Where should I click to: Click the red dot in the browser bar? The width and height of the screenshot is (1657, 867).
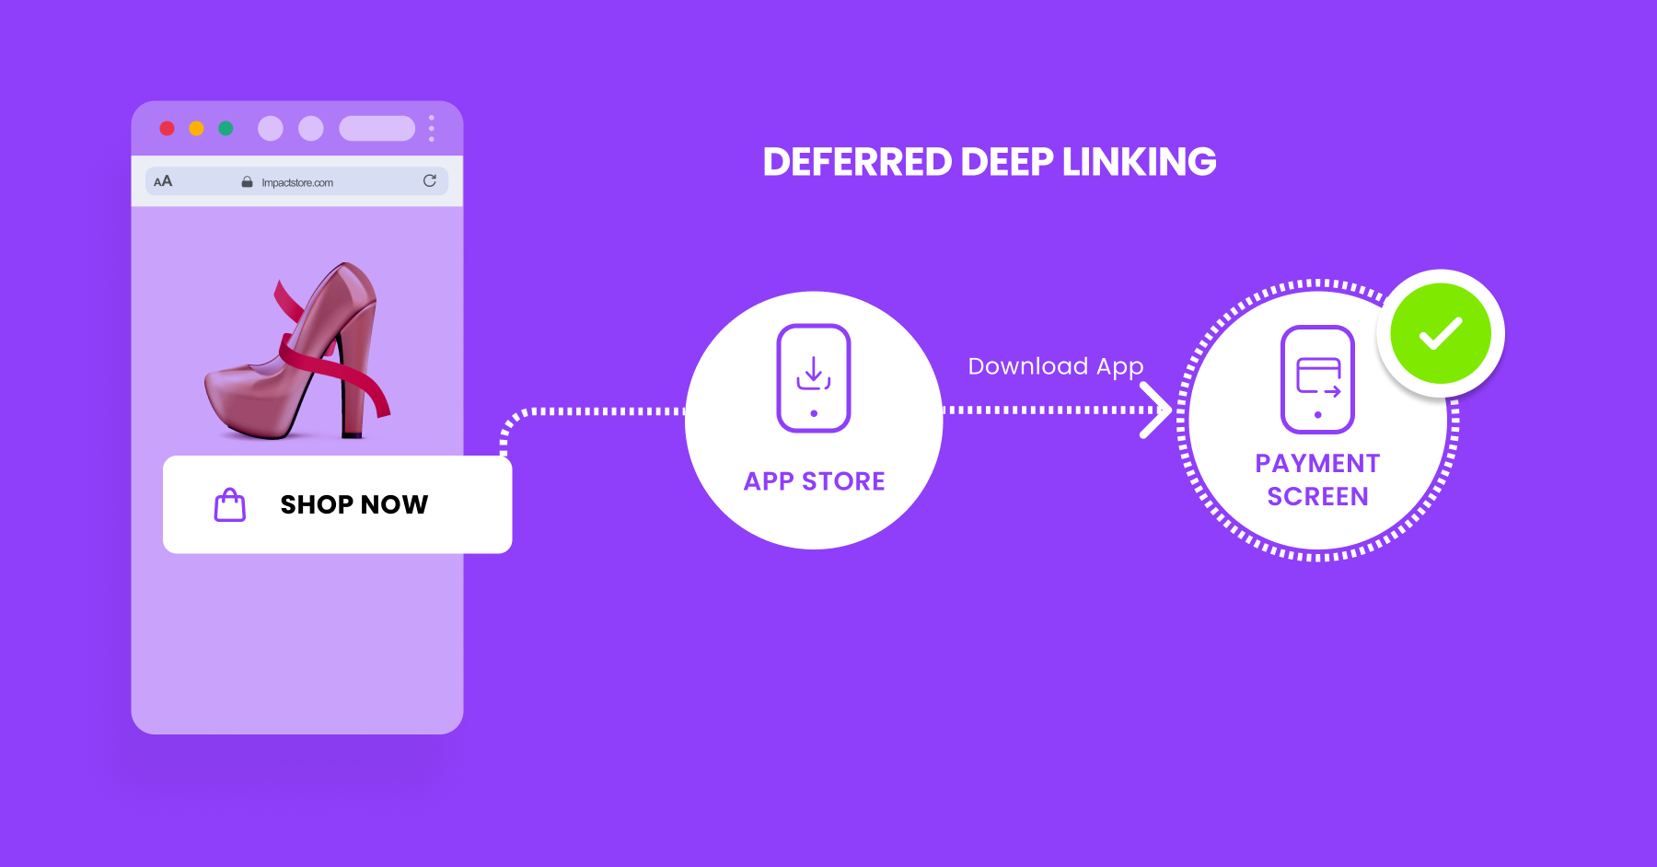pyautogui.click(x=167, y=128)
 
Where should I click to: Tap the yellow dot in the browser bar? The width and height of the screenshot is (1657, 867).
pyautogui.click(x=196, y=128)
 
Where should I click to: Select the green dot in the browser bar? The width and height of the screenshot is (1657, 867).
pyautogui.click(x=226, y=128)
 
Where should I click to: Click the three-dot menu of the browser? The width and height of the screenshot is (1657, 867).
pyautogui.click(x=431, y=128)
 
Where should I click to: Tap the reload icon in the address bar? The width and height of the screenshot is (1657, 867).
pyautogui.click(x=429, y=180)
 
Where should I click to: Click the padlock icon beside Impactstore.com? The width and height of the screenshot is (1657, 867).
pyautogui.click(x=247, y=182)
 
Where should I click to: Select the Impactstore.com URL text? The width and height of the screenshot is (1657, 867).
pyautogui.click(x=297, y=182)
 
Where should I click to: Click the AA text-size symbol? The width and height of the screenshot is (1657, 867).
pyautogui.click(x=163, y=181)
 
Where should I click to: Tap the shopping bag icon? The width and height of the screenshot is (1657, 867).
pyautogui.click(x=230, y=504)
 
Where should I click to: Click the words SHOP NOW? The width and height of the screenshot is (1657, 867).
pyautogui.click(x=354, y=504)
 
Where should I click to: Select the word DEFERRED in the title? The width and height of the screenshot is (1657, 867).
pyautogui.click(x=857, y=162)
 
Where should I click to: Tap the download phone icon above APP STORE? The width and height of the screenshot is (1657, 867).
pyautogui.click(x=814, y=377)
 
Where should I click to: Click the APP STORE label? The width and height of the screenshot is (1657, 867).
pyautogui.click(x=815, y=481)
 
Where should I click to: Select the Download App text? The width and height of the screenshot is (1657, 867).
pyautogui.click(x=1056, y=366)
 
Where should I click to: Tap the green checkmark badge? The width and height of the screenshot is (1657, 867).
pyautogui.click(x=1441, y=333)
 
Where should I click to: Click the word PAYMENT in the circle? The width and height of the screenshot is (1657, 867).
pyautogui.click(x=1317, y=463)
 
